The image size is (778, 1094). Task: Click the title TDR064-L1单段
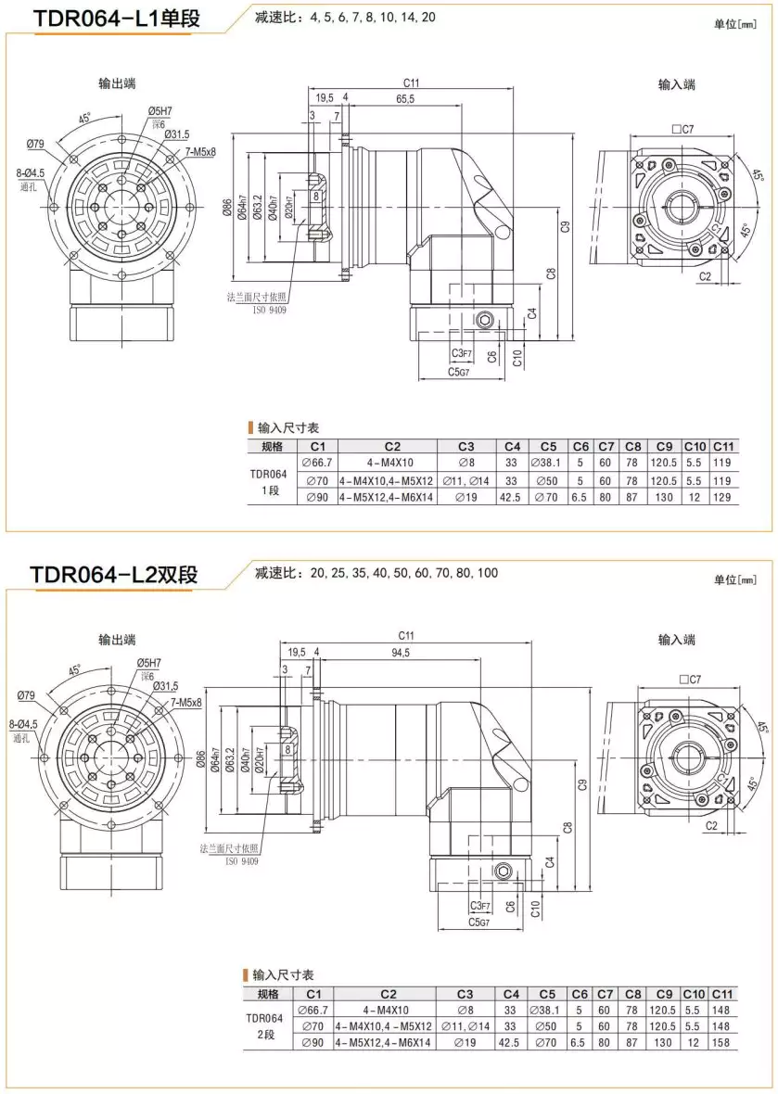pos(115,19)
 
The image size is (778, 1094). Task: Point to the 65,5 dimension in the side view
pos(404,98)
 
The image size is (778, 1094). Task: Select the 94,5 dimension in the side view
pos(401,653)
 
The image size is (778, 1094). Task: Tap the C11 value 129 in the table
pos(723,498)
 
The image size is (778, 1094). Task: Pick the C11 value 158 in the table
pos(723,1042)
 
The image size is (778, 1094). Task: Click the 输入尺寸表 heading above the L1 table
pos(287,428)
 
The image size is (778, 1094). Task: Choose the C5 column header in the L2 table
pos(547,994)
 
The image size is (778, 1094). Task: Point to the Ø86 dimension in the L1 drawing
pos(227,210)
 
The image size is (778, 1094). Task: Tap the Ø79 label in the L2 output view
pos(26,694)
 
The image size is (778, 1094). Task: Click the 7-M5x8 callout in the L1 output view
pos(194,151)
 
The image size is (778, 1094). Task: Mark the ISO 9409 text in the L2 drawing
pos(243,861)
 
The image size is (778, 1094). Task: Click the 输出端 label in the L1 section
pos(118,83)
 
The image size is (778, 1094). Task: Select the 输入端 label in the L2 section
pos(677,640)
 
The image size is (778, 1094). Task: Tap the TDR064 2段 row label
pos(267,1026)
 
